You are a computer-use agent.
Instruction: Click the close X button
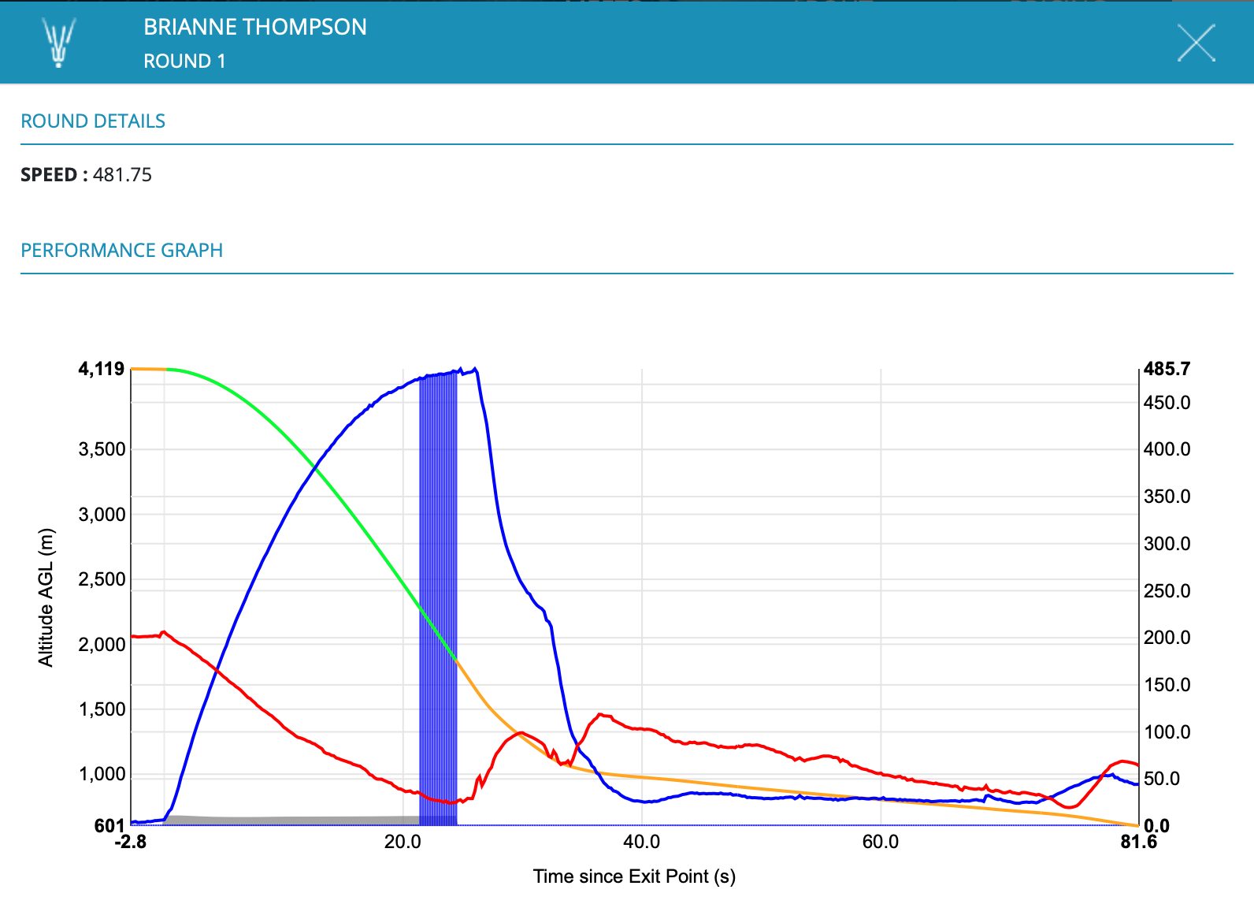coord(1196,43)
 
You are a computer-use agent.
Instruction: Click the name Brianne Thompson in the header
coord(254,27)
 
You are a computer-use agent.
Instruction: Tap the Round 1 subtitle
coord(184,61)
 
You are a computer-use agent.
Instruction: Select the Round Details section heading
coord(93,121)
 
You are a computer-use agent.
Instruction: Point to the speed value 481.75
coord(122,175)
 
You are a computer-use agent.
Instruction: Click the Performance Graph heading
coord(121,251)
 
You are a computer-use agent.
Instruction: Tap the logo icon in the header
coord(58,43)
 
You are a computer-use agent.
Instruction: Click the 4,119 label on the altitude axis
coord(102,369)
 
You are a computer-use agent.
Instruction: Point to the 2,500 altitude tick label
coord(102,579)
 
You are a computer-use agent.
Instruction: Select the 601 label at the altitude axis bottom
coord(109,825)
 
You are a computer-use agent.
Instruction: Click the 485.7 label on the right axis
coord(1167,369)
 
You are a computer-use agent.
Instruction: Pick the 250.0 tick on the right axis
coord(1167,591)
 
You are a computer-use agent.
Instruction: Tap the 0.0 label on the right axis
coord(1156,825)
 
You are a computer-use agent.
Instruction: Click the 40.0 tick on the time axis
coord(641,842)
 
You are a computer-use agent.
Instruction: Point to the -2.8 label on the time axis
coord(131,842)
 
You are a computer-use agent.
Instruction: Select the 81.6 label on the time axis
coord(1138,842)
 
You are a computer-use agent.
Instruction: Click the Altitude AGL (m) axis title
coord(46,597)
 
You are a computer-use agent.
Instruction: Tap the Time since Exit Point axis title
coord(634,876)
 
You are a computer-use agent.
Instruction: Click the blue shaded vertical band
coord(438,599)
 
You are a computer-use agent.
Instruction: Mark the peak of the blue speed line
coord(475,368)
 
